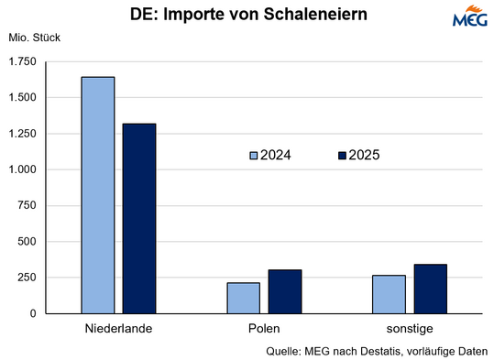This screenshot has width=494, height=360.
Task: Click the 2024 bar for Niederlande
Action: [98, 195]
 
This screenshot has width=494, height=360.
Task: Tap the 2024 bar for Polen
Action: [243, 298]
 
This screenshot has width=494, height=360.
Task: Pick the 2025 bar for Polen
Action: [285, 291]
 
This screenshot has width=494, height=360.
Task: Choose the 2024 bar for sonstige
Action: [389, 294]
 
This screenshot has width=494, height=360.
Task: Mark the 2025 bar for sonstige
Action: [430, 289]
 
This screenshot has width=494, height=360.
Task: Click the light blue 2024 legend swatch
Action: [254, 156]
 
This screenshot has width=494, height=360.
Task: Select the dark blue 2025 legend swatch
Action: [342, 156]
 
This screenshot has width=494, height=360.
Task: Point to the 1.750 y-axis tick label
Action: [21, 61]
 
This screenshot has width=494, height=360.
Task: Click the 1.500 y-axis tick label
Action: [21, 98]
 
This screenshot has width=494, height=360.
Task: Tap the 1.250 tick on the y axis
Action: [21, 134]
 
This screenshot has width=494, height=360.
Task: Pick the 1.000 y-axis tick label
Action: [21, 169]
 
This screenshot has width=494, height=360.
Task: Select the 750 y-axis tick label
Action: [27, 206]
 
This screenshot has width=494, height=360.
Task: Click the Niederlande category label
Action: [118, 328]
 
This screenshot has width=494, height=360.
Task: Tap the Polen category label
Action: [264, 328]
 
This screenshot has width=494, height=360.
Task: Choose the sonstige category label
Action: [409, 328]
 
